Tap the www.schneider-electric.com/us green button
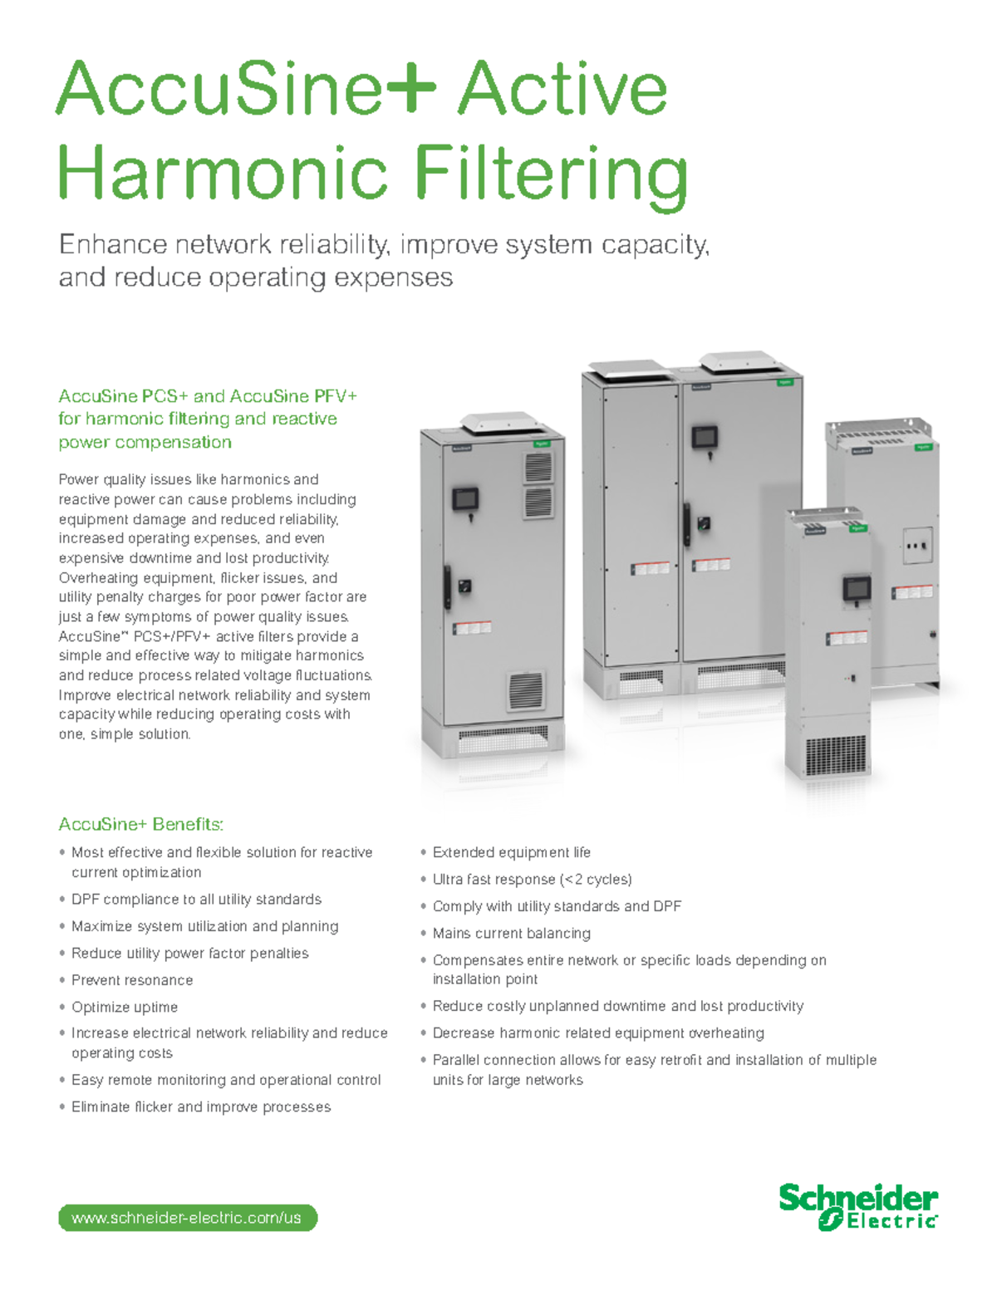click(187, 1218)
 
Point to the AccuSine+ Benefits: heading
click(140, 824)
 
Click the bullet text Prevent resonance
click(132, 980)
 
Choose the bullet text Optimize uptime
click(125, 1007)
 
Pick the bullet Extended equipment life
click(511, 852)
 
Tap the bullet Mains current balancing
click(511, 933)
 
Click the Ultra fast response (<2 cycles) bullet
click(532, 879)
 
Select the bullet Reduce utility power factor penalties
click(189, 953)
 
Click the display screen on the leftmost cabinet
click(464, 499)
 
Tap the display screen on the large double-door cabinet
click(704, 435)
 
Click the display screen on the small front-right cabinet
click(855, 588)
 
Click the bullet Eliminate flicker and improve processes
click(201, 1106)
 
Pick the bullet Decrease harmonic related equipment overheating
click(598, 1032)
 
